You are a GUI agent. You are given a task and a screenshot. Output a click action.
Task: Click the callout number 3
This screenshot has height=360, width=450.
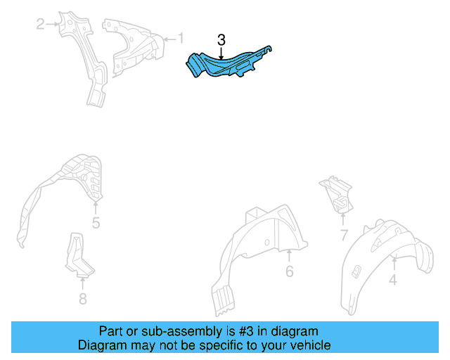[x=221, y=40]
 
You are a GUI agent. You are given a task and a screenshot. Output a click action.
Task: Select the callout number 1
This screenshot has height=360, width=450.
[x=181, y=38]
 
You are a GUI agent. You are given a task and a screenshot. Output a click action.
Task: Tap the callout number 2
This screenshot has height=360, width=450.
[x=41, y=24]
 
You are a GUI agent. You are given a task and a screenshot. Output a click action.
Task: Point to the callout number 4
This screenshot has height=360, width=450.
[x=393, y=280]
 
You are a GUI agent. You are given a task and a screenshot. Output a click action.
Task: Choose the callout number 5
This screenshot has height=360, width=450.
[x=96, y=223]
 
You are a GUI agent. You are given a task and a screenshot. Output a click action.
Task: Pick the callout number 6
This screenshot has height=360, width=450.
[x=290, y=271]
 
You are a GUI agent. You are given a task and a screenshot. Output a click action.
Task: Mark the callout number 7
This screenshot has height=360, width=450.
[x=344, y=235]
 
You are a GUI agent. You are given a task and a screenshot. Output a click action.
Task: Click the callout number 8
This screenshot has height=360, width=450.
[x=83, y=299]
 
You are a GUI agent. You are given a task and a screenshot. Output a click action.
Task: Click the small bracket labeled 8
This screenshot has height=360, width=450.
[x=78, y=255]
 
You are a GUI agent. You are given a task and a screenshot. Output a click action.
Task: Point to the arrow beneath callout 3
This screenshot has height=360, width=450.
[x=221, y=53]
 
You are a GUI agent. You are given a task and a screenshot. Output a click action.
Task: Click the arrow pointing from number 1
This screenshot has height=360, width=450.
[x=169, y=39]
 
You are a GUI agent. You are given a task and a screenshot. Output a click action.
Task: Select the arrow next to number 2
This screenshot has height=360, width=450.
[x=52, y=24]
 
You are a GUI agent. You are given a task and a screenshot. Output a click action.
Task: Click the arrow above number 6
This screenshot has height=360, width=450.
[x=289, y=256]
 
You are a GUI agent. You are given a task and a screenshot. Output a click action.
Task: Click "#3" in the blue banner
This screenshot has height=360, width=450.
[x=246, y=331]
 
